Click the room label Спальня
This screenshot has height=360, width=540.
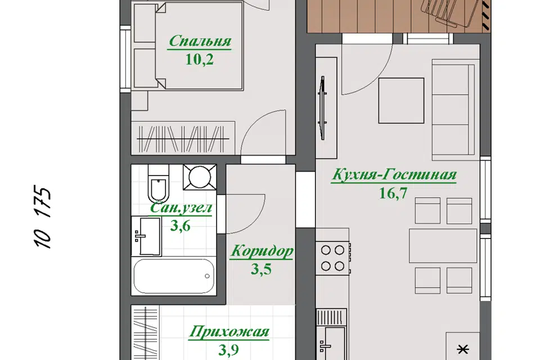pyautogui.click(x=199, y=41)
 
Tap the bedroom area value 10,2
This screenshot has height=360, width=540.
pyautogui.click(x=199, y=60)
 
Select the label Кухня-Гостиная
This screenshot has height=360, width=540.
pyautogui.click(x=394, y=174)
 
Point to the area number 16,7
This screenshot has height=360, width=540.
pyautogui.click(x=393, y=193)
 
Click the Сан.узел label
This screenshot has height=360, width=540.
pyautogui.click(x=181, y=208)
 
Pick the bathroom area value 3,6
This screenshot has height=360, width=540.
pyautogui.click(x=180, y=226)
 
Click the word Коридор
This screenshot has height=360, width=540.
pyautogui.click(x=262, y=251)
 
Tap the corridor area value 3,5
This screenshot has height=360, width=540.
pyautogui.click(x=260, y=269)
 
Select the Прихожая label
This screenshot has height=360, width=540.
pyautogui.click(x=229, y=332)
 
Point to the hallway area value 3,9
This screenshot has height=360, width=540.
pyautogui.click(x=228, y=350)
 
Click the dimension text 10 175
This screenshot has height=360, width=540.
pyautogui.click(x=43, y=217)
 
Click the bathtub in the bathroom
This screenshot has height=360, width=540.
pyautogui.click(x=174, y=276)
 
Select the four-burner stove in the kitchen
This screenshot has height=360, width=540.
pyautogui.click(x=333, y=258)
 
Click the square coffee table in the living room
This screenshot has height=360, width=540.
pyautogui.click(x=401, y=100)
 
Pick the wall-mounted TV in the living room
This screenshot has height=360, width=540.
pyautogui.click(x=323, y=108)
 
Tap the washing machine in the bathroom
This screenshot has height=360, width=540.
pyautogui.click(x=200, y=177)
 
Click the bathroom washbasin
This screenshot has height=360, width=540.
pyautogui.click(x=146, y=236)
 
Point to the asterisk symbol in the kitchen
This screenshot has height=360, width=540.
pyautogui.click(x=462, y=349)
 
